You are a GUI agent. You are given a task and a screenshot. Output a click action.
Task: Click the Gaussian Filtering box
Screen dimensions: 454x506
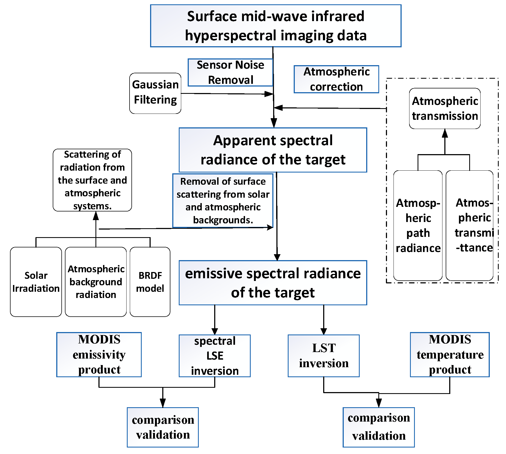pos(155,93)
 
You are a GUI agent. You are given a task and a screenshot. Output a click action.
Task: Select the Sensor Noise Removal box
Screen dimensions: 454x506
pos(230,72)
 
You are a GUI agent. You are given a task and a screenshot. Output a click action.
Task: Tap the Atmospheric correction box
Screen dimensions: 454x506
pos(336,79)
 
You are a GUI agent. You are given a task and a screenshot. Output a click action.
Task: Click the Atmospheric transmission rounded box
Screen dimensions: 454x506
pos(445,108)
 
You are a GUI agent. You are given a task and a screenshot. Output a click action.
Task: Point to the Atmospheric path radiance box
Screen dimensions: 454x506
pos(418,226)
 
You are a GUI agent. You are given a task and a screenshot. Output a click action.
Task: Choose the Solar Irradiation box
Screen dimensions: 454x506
pos(36,282)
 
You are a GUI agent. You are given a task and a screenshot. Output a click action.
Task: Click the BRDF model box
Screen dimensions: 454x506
pos(150,282)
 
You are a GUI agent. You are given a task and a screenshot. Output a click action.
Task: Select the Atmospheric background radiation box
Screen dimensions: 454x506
pos(96,282)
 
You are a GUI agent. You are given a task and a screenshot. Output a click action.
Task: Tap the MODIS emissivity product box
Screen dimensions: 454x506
pos(99,354)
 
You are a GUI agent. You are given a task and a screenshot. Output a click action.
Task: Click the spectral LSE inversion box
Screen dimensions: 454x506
pos(214,356)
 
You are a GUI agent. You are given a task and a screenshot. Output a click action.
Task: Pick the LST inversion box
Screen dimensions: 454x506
pos(323,356)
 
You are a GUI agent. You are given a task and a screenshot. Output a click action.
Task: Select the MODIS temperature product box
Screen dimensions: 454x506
pos(450,354)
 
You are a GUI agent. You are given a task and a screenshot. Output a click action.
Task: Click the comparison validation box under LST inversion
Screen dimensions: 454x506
pos(379,427)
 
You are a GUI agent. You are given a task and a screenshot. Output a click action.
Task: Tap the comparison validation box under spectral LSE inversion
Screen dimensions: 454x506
pos(163,427)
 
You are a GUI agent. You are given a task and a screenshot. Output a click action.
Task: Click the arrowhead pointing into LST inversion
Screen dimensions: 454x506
pos(324,332)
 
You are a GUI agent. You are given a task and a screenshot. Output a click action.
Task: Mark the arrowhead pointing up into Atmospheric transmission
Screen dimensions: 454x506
pos(445,133)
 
